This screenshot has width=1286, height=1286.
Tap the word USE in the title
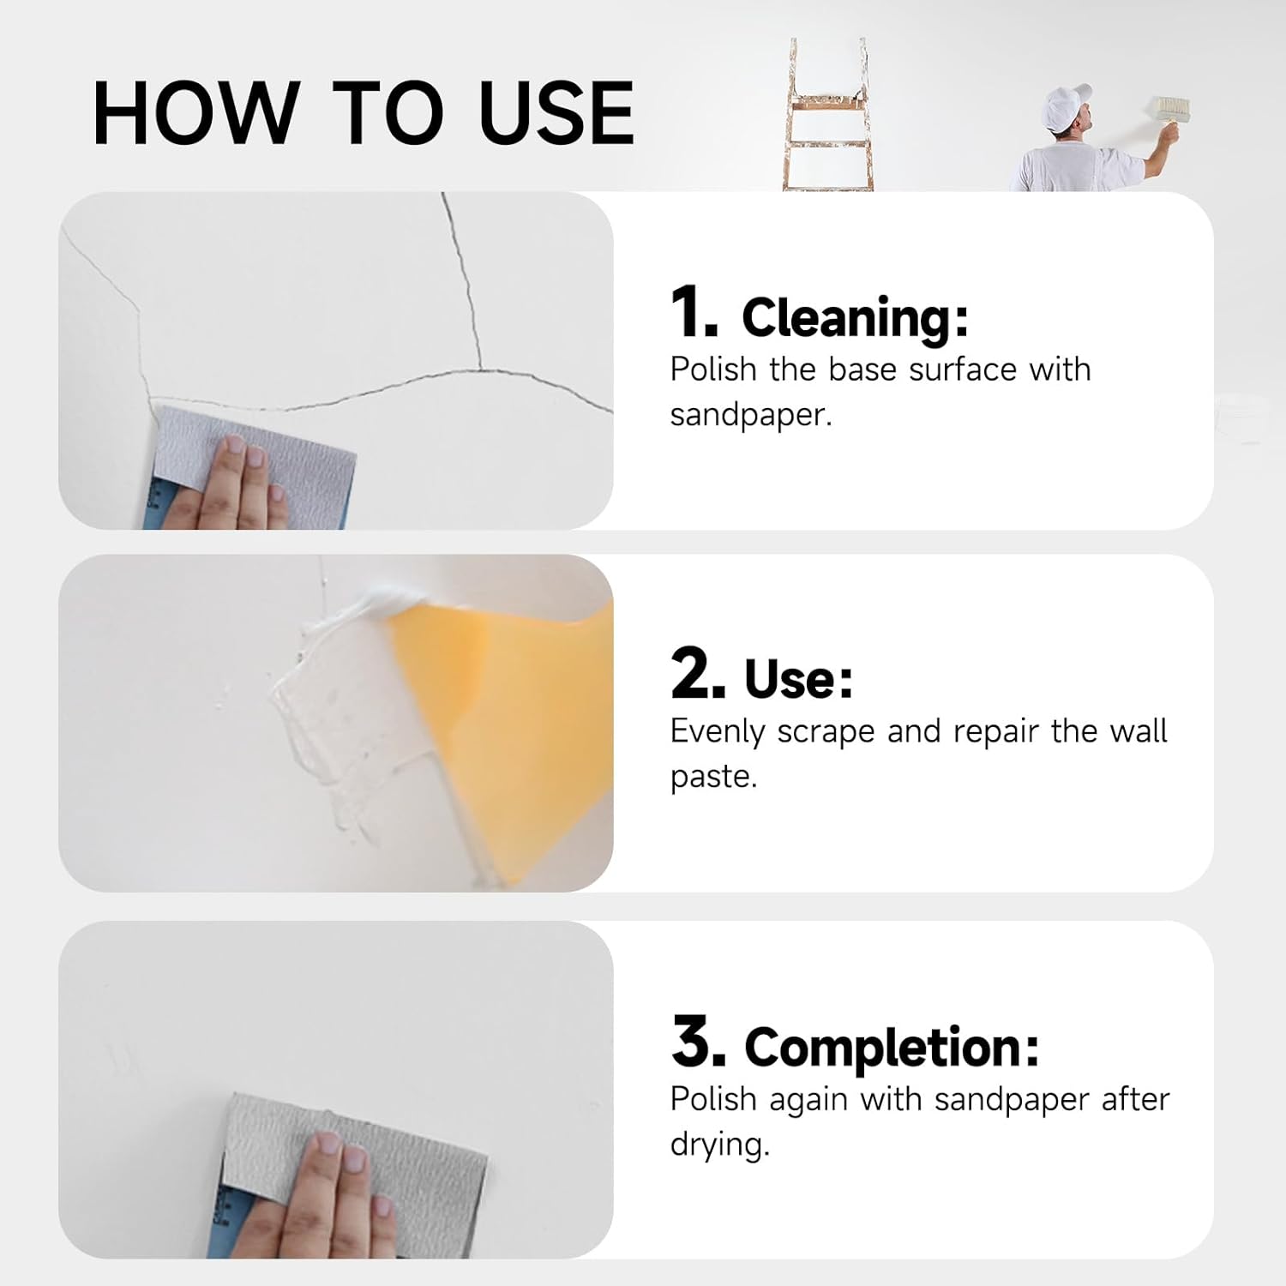[556, 112]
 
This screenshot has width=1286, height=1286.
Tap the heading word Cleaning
[855, 318]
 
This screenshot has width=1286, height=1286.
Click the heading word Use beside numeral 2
[798, 679]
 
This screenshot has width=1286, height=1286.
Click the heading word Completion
[892, 1048]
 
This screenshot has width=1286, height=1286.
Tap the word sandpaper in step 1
[751, 415]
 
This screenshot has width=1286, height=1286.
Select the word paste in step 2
[713, 778]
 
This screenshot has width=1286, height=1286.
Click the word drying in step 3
[719, 1145]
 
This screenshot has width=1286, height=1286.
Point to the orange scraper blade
[506, 729]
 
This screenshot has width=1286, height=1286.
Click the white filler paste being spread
[343, 712]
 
